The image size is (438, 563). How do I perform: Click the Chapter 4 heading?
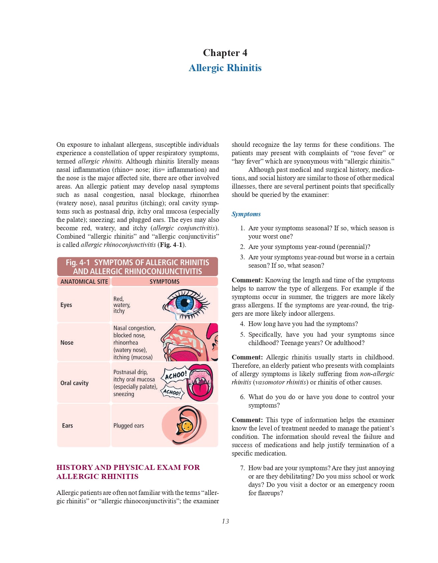coord(225,53)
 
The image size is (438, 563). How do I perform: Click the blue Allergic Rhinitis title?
coord(225,68)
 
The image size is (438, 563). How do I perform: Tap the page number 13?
coord(225,521)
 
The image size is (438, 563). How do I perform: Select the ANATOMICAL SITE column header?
coord(84,282)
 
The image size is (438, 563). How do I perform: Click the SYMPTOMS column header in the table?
coord(164,282)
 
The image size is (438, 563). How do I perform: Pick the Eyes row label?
coord(66,305)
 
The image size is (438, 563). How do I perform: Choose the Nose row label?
coord(67,342)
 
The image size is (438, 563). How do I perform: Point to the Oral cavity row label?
coord(74,383)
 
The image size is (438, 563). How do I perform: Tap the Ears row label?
coord(67,426)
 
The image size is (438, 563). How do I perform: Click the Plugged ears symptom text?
coord(129,426)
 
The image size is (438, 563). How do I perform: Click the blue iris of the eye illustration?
coord(185,303)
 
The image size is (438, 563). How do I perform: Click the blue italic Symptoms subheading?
coord(246,214)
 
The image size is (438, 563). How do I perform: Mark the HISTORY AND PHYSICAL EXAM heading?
coord(128,472)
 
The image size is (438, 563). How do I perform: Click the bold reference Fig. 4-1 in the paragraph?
coord(171,245)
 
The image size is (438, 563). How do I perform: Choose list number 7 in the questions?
coord(242,468)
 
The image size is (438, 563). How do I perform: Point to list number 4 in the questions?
coord(242,324)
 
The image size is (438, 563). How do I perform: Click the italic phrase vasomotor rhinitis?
coord(280,382)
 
